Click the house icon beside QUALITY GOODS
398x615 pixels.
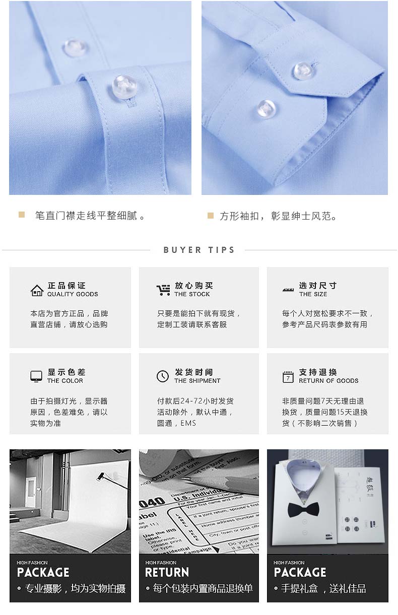(x=37, y=290)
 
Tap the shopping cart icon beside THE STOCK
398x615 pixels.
(x=163, y=290)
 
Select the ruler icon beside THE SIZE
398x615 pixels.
(x=288, y=290)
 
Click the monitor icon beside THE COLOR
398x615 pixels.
(x=36, y=376)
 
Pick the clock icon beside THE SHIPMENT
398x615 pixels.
(x=163, y=376)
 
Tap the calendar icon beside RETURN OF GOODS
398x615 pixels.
(x=288, y=377)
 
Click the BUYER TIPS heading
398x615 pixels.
(x=199, y=250)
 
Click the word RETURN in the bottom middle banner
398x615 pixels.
(x=167, y=572)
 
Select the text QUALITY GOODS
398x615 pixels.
(x=73, y=294)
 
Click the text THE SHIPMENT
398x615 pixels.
(x=197, y=381)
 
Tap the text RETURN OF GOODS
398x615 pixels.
(x=328, y=381)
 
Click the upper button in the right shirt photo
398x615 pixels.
(x=304, y=71)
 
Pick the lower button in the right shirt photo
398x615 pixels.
(x=266, y=108)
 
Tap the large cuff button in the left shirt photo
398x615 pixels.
(x=124, y=86)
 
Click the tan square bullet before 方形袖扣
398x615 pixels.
(x=211, y=216)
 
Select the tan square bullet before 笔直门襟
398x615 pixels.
(x=22, y=215)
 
